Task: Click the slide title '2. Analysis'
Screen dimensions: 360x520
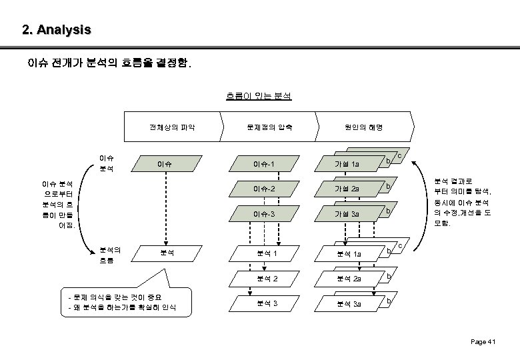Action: tap(56, 30)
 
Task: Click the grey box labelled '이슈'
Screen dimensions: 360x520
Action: tap(164, 163)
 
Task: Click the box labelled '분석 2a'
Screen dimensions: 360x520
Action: tap(349, 279)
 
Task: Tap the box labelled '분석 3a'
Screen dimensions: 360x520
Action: tap(349, 304)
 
